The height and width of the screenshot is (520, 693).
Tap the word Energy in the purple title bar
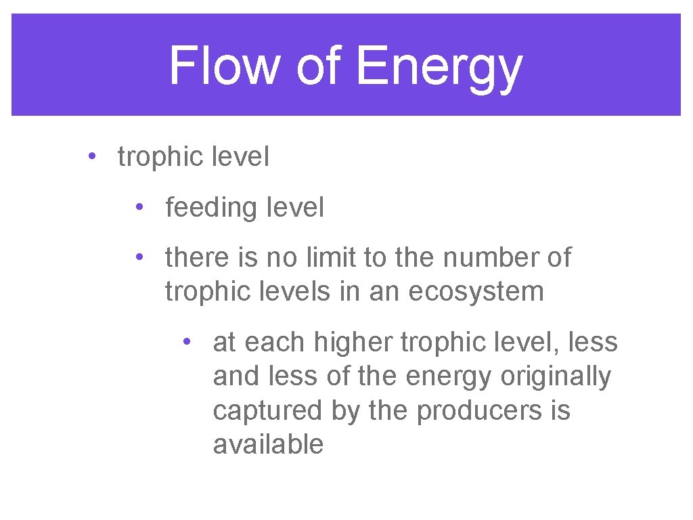coord(438,68)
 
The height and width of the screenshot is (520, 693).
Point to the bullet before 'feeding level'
coord(139,207)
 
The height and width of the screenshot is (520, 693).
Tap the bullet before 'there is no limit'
coord(139,257)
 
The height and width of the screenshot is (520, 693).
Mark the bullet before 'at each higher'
coord(187,341)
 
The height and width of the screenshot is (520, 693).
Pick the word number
coord(479,258)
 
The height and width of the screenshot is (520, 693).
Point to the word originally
coord(555,377)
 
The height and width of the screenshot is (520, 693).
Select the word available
coord(268,445)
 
